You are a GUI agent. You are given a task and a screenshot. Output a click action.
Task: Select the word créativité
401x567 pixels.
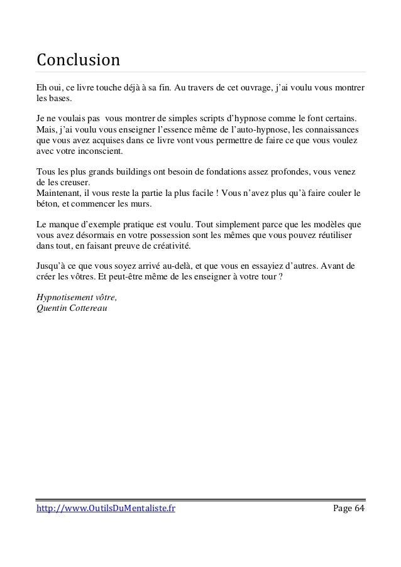pos(168,245)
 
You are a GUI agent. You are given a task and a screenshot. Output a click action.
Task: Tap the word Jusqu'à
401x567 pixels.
pos(52,266)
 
